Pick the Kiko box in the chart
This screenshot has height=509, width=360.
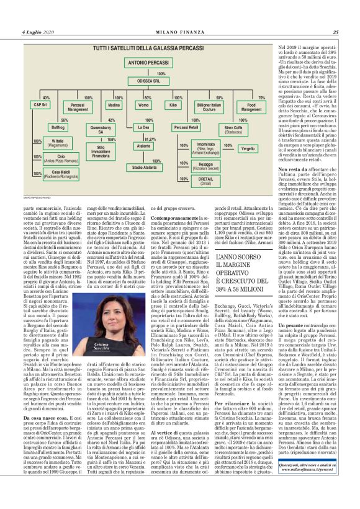tap(173, 106)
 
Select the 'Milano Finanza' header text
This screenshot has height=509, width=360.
tap(179, 32)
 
